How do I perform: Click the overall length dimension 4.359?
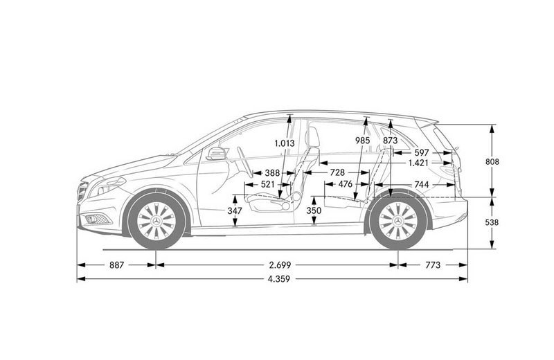click(279, 279)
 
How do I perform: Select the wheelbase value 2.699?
click(279, 265)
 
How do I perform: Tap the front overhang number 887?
click(116, 265)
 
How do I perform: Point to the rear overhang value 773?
click(433, 265)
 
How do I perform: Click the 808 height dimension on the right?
click(492, 162)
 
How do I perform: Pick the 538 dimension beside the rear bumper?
click(492, 222)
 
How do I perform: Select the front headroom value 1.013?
click(285, 143)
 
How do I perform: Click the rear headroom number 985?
click(362, 141)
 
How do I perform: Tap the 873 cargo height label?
click(391, 141)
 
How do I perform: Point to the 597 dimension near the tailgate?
click(422, 152)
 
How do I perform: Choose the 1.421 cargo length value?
click(418, 163)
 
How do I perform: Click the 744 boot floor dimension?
click(422, 184)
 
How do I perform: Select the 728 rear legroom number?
click(337, 172)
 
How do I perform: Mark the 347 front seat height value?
click(235, 211)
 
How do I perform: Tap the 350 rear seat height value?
click(314, 211)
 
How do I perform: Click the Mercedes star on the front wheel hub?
click(157, 222)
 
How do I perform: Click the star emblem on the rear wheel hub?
click(398, 222)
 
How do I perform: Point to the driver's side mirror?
click(216, 154)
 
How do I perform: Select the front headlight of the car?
click(107, 186)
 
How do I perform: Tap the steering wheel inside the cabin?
click(244, 162)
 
